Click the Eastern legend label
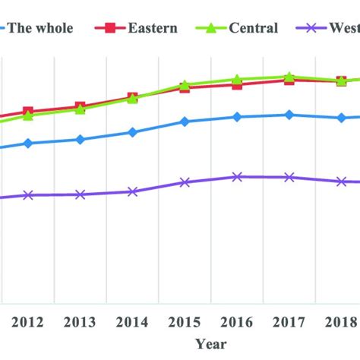(152, 28)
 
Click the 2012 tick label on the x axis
(28, 321)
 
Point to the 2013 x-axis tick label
(81, 321)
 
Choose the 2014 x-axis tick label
(133, 321)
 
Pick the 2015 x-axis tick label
(185, 321)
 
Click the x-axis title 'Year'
(210, 344)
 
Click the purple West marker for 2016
(237, 177)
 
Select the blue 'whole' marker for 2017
(289, 115)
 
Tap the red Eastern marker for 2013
(81, 107)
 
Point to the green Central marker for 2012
(28, 116)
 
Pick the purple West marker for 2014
(133, 191)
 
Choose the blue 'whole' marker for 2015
(185, 122)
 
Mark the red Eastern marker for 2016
(237, 84)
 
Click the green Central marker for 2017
(289, 77)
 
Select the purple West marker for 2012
(28, 195)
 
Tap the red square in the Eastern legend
(111, 28)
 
